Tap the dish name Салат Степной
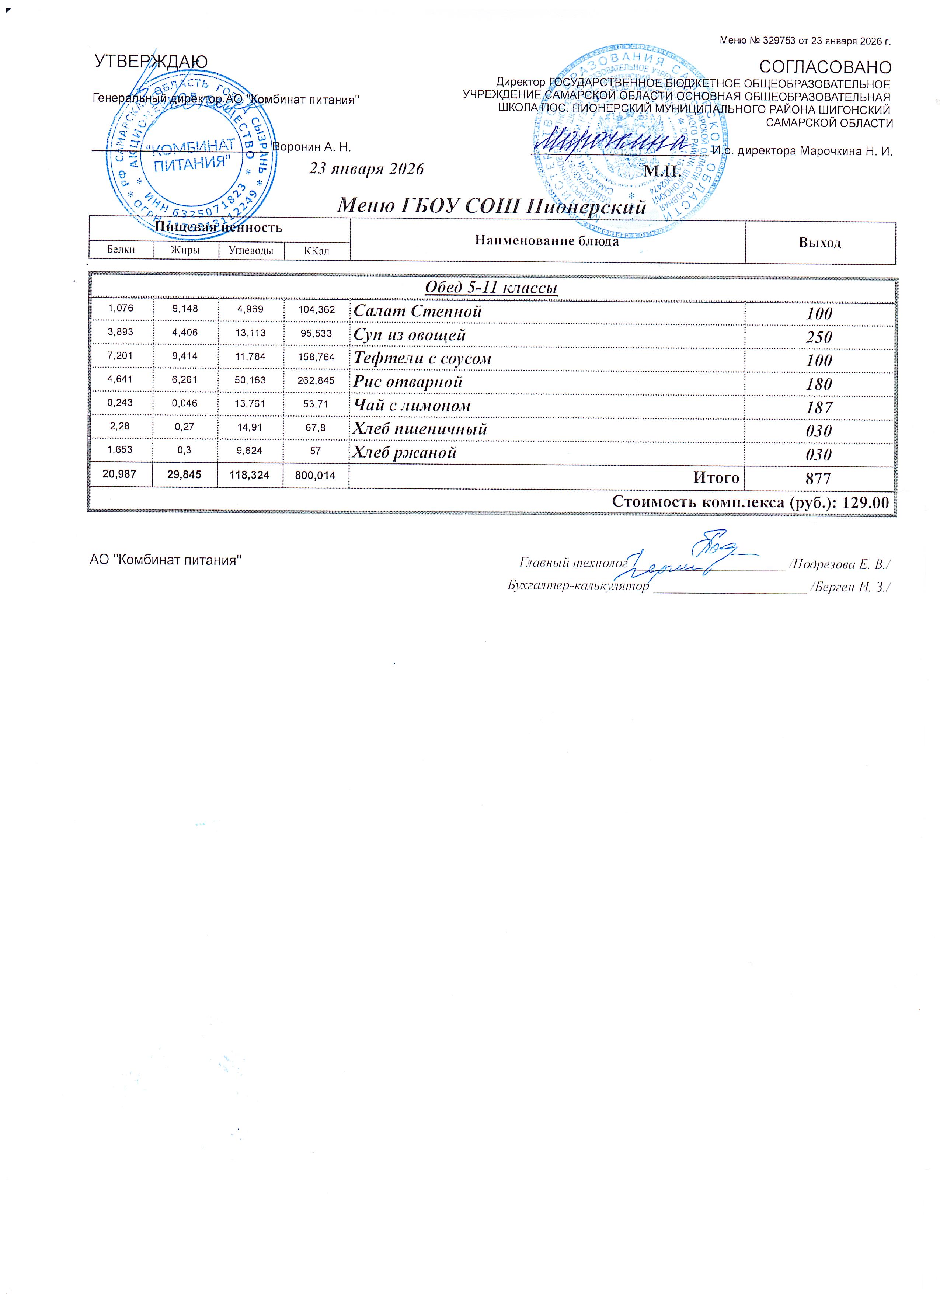coord(418,312)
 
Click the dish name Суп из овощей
coord(410,335)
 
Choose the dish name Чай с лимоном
coord(412,406)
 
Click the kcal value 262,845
coord(316,380)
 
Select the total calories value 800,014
coord(316,475)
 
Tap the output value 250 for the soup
coord(819,337)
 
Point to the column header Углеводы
coord(251,250)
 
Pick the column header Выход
coord(820,243)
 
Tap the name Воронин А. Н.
coord(311,147)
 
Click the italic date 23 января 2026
coord(366,169)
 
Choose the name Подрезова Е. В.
coord(841,565)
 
